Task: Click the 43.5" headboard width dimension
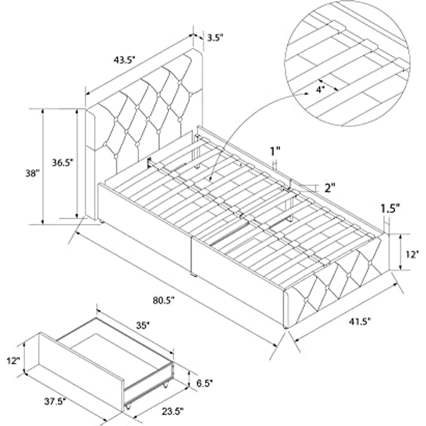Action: click(124, 60)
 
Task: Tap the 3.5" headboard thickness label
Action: click(215, 38)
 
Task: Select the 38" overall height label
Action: click(32, 173)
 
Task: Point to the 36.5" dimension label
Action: click(63, 163)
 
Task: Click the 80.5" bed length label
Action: click(163, 300)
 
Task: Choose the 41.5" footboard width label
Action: click(360, 321)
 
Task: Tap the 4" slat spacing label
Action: click(320, 89)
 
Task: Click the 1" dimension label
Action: click(275, 151)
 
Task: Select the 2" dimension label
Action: click(330, 188)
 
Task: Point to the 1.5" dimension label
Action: click(390, 208)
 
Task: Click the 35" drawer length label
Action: click(142, 325)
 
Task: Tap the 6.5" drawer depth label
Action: click(204, 383)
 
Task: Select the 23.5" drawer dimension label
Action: click(173, 412)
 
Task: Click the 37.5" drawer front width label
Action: click(56, 401)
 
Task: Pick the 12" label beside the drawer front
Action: click(13, 361)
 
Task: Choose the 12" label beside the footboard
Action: click(412, 255)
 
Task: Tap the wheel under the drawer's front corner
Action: click(127, 406)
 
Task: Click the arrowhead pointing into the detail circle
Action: click(306, 94)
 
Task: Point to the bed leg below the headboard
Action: click(102, 222)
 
